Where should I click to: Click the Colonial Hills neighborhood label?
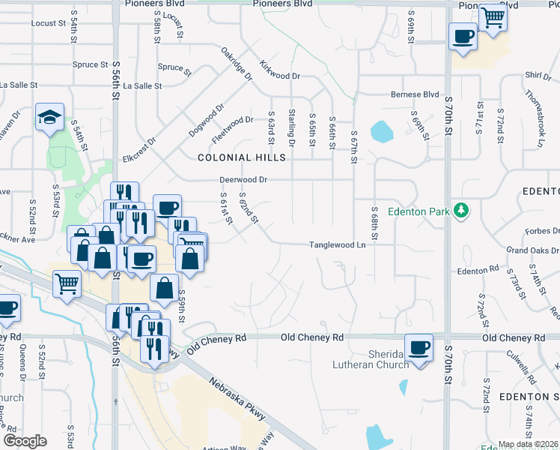click(242, 157)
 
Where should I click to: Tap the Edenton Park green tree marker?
click(462, 211)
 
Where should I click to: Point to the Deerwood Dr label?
click(243, 180)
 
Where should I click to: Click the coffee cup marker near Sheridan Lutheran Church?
click(419, 348)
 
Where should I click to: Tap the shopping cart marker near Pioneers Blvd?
click(492, 16)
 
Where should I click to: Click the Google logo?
click(25, 441)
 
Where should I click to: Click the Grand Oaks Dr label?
click(534, 249)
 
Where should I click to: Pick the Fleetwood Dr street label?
click(234, 123)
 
